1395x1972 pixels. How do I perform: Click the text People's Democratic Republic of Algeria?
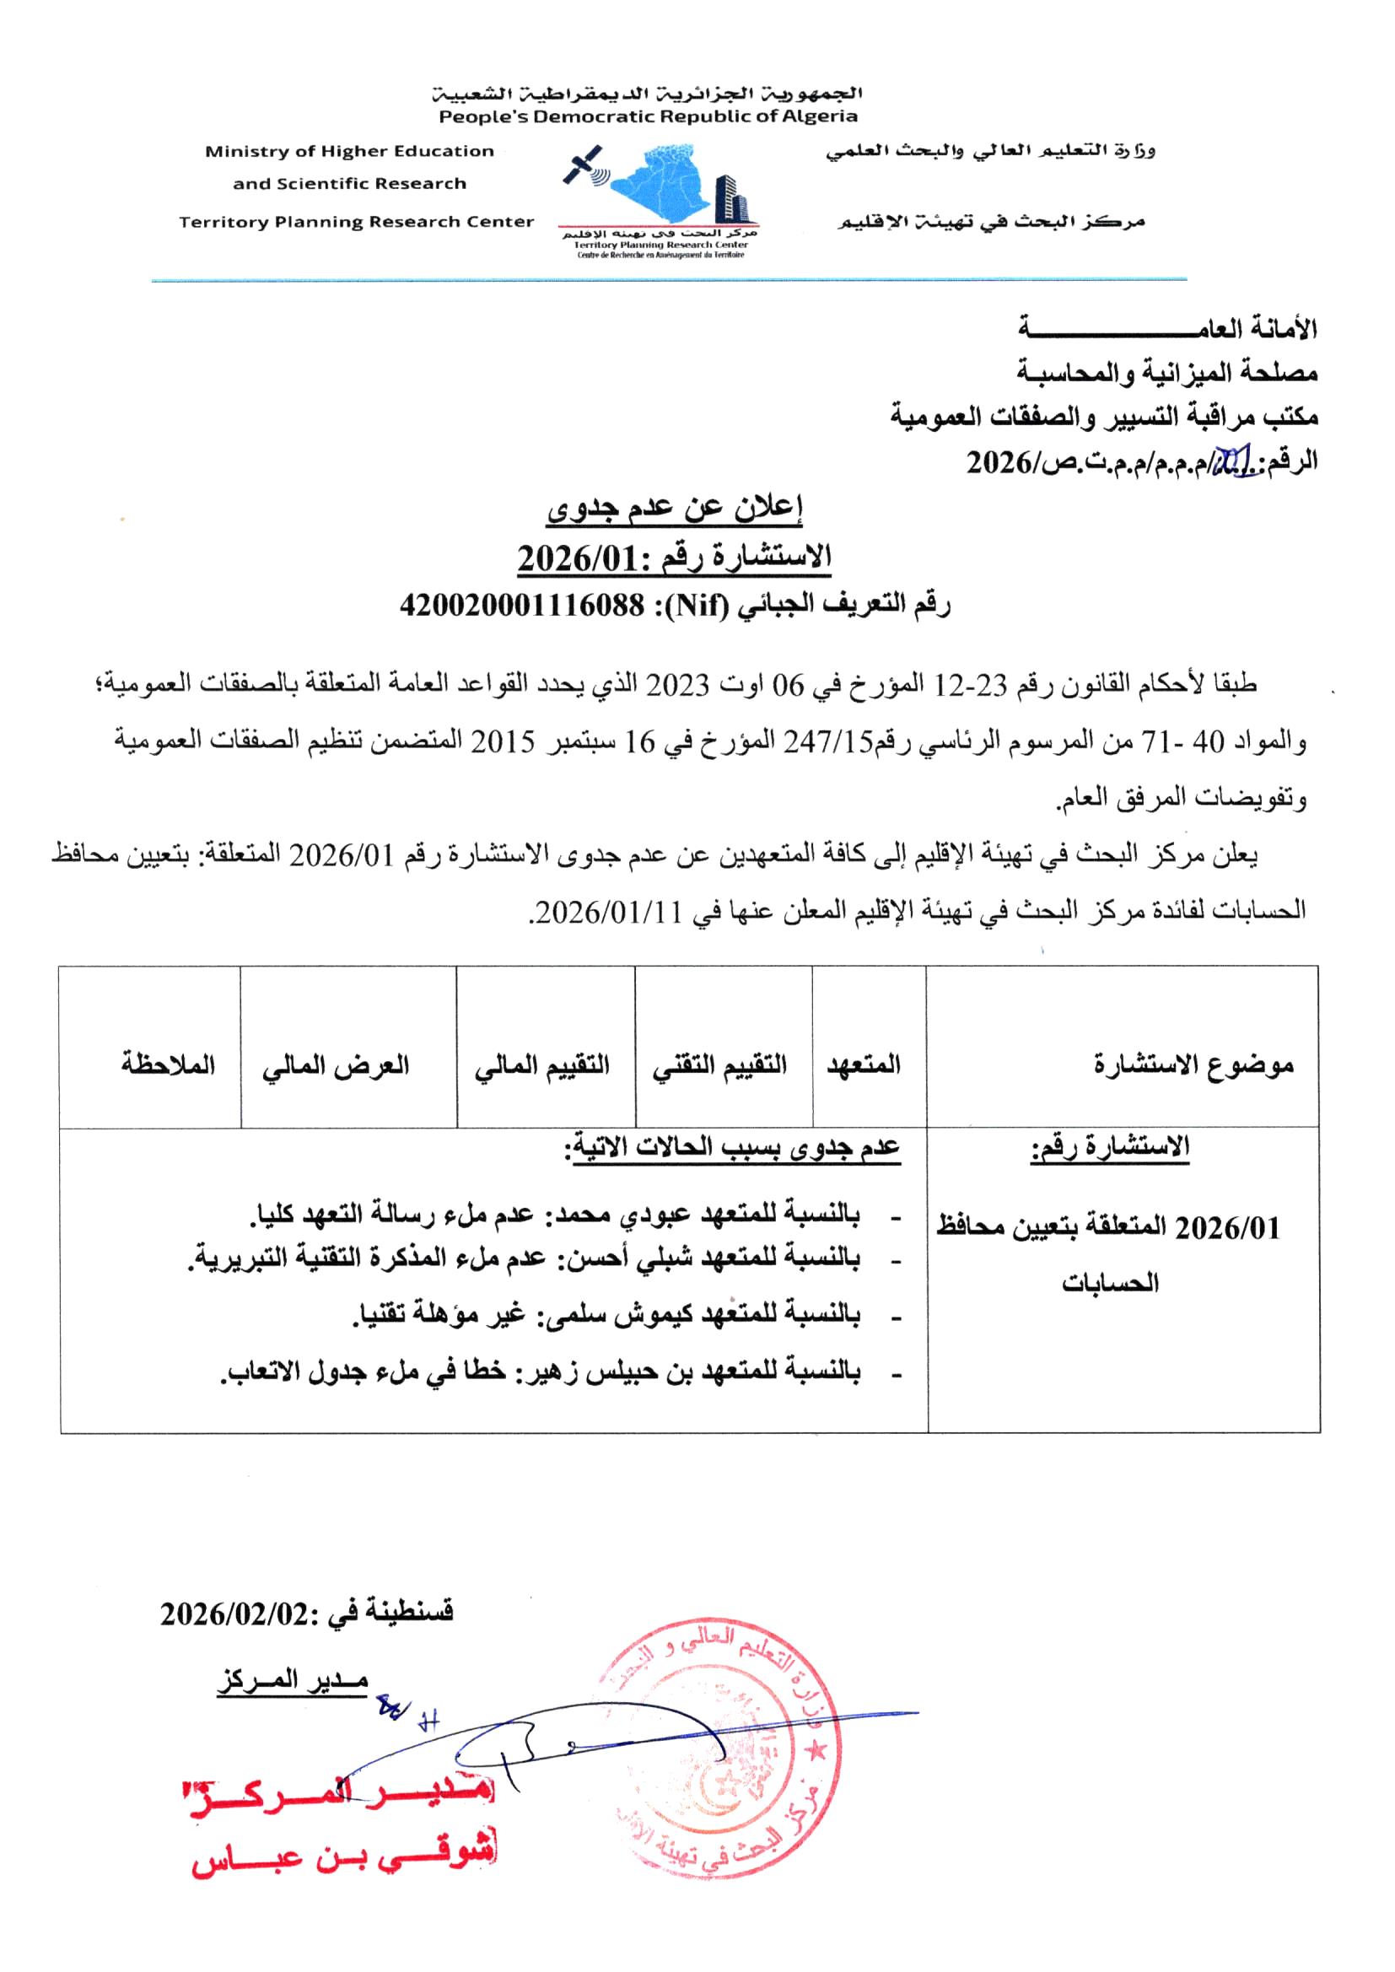pyautogui.click(x=648, y=116)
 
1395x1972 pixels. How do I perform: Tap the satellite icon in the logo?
pyautogui.click(x=584, y=168)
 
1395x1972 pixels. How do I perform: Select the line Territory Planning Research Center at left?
pyautogui.click(x=357, y=222)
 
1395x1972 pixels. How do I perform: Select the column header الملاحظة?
pyautogui.click(x=168, y=1065)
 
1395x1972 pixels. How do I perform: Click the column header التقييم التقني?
pyautogui.click(x=719, y=1066)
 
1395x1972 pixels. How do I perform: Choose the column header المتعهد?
pyautogui.click(x=864, y=1065)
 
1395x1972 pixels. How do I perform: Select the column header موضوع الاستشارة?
pyautogui.click(x=1194, y=1066)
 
